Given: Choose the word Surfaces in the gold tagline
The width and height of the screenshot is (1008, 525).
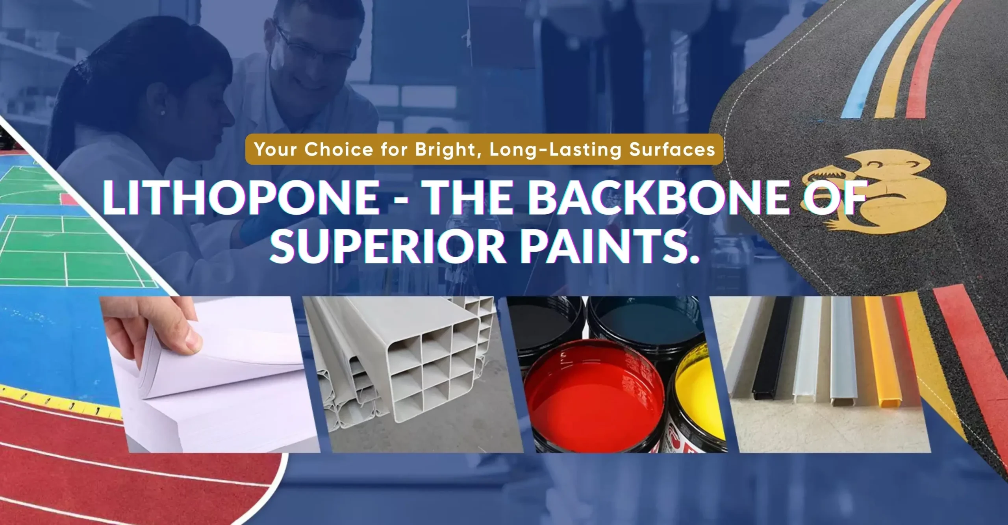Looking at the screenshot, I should (672, 150).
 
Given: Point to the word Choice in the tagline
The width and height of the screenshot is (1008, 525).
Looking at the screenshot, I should (339, 150).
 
